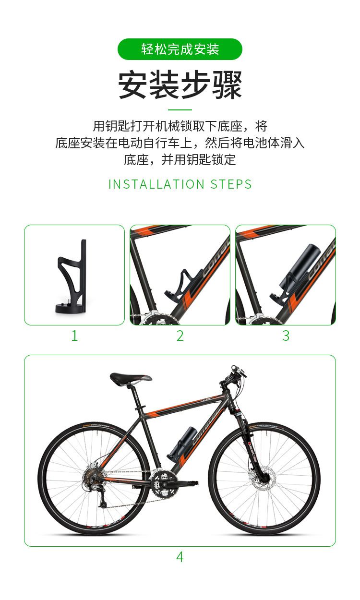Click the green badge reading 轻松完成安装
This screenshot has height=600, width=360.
coord(180,49)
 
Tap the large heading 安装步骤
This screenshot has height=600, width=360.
coord(180,84)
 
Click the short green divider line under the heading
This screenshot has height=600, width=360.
coord(180,109)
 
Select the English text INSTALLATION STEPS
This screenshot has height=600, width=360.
coord(180,184)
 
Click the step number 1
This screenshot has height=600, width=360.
coord(74,336)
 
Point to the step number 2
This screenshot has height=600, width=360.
coord(180,336)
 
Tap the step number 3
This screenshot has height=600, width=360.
coord(286,336)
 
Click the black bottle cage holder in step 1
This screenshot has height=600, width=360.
coord(72,276)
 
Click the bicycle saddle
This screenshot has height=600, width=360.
coord(131,379)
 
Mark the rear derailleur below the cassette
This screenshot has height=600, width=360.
coord(103,498)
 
